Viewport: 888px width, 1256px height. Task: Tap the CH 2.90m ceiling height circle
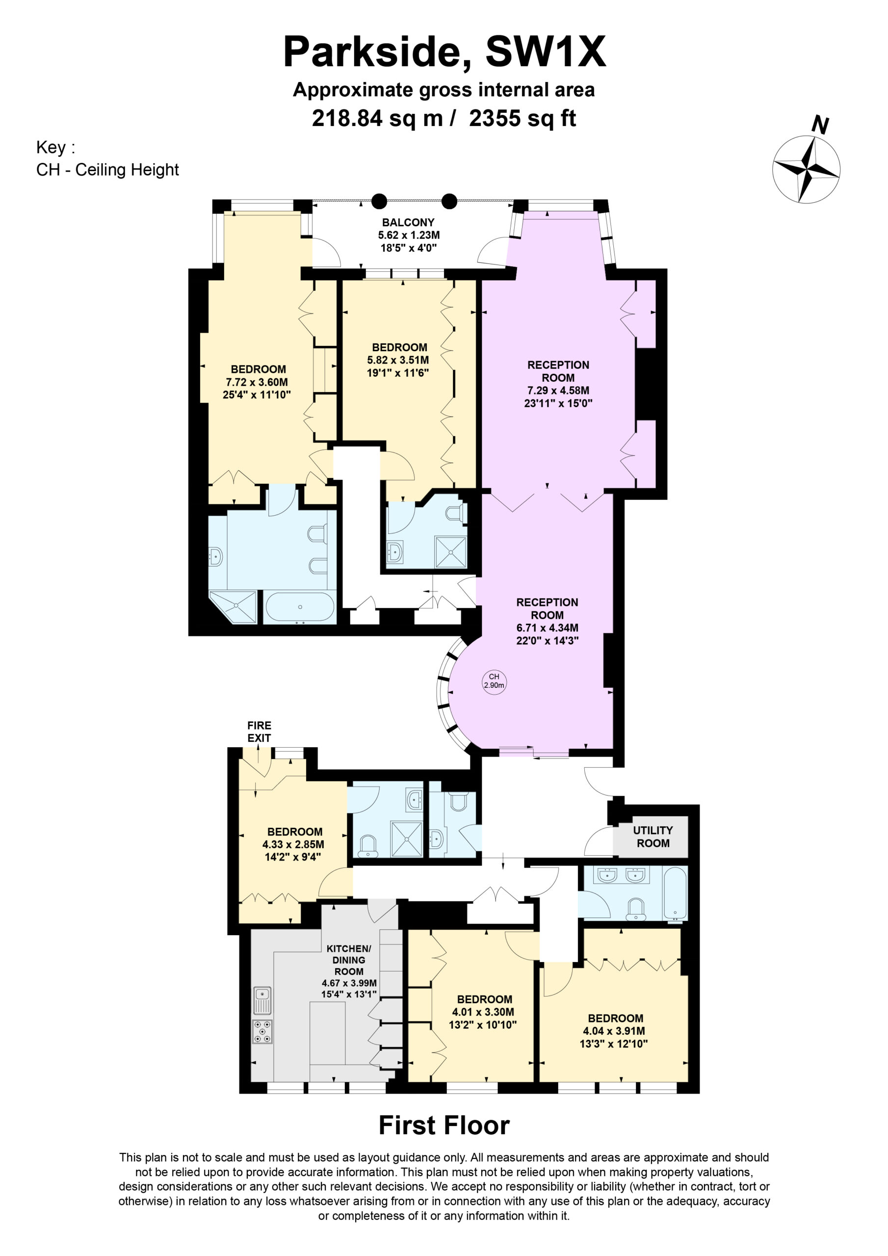coord(494,681)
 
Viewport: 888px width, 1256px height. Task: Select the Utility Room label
coord(652,837)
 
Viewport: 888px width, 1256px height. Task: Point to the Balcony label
coord(408,222)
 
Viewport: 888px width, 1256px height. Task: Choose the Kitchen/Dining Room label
coord(348,960)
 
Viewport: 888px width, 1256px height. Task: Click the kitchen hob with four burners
coord(262,1032)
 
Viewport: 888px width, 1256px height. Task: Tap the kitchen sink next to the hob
coord(262,1000)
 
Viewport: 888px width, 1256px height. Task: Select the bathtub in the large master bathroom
coord(300,607)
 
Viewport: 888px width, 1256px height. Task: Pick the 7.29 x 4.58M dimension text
coord(558,390)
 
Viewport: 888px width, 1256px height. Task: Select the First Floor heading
coord(444,1126)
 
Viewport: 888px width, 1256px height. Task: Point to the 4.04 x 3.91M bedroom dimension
coord(614,1031)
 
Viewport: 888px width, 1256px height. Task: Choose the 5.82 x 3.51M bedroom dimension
coord(398,360)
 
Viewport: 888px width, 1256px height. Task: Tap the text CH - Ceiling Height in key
coord(107,170)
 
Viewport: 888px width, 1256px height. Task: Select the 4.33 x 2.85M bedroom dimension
coord(293,844)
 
